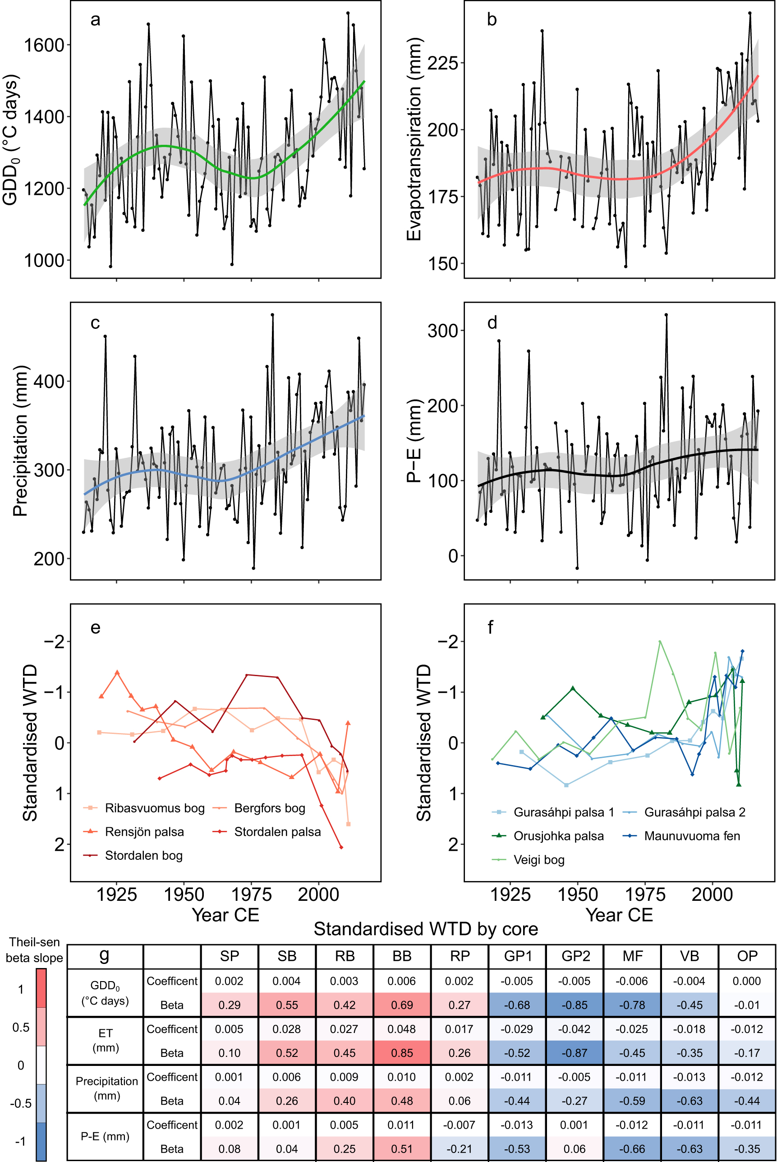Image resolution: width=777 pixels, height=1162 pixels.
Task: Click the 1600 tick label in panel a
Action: [x=44, y=45]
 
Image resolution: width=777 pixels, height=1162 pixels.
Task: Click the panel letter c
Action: [x=95, y=323]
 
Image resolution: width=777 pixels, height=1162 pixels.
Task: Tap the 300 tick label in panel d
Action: [x=442, y=331]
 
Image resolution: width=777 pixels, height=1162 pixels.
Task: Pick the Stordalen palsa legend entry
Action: [x=277, y=832]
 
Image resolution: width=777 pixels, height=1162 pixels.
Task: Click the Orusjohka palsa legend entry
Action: [x=558, y=836]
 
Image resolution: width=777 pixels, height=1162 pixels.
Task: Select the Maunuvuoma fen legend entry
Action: [x=692, y=836]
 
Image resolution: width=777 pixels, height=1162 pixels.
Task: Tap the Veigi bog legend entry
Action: [x=538, y=860]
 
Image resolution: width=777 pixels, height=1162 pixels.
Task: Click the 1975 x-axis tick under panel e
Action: [x=252, y=895]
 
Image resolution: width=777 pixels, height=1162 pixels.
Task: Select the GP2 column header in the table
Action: [x=575, y=956]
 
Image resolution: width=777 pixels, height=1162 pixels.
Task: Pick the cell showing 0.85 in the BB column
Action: [x=402, y=1053]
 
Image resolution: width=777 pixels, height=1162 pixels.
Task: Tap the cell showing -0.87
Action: [x=575, y=1053]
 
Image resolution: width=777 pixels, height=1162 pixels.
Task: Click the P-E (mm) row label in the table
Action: [x=105, y=1136]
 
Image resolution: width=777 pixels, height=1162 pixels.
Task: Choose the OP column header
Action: [x=747, y=956]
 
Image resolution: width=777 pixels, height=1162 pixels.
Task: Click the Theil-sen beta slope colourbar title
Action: [x=34, y=950]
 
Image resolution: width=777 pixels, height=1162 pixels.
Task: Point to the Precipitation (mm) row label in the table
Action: [x=106, y=1088]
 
